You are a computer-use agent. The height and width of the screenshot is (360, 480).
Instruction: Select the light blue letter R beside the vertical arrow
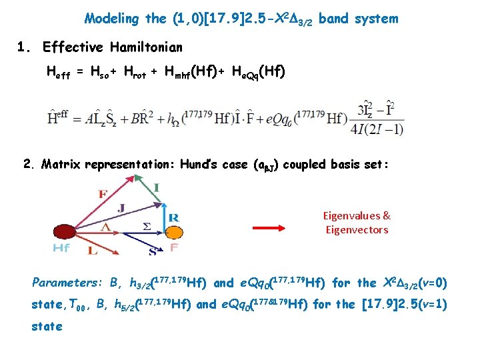click(173, 217)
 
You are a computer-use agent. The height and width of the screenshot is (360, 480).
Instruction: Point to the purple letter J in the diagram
click(121, 207)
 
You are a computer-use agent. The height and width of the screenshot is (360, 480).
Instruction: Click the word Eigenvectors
click(357, 230)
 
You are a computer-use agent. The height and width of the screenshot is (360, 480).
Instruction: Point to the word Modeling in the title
click(111, 19)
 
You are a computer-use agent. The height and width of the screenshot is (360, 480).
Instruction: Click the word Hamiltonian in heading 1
click(143, 47)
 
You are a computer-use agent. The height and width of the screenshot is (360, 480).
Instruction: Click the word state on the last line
click(47, 326)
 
